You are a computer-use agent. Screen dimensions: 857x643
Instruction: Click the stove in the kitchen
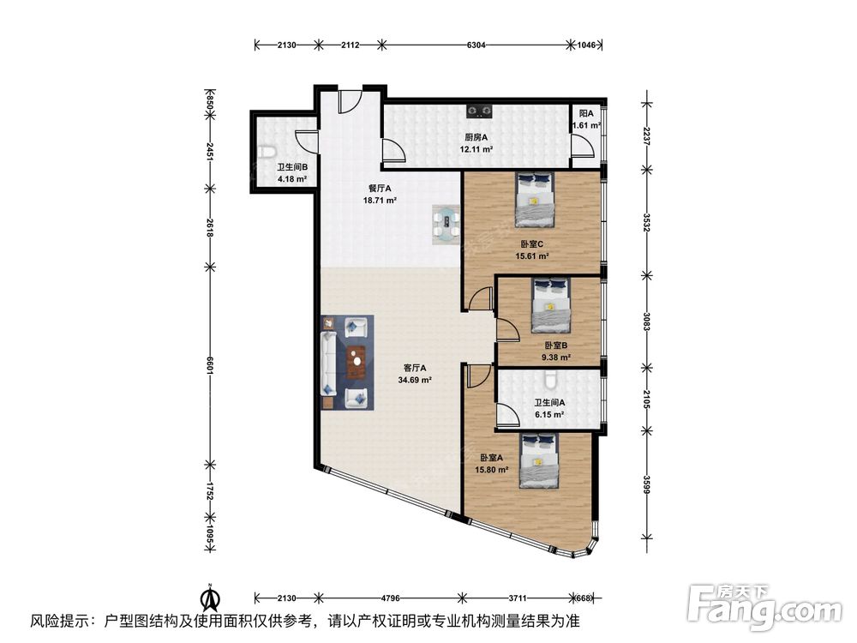[479, 111]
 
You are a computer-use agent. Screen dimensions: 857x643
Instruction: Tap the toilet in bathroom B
[267, 152]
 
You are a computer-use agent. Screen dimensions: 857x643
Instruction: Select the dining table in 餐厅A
[447, 224]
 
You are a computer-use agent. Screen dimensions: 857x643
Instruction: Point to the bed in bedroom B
[551, 304]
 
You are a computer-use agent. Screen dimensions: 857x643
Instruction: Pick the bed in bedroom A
[539, 460]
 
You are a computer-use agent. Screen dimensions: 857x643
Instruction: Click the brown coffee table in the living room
[357, 362]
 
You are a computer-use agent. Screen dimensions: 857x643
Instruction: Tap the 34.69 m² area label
[416, 380]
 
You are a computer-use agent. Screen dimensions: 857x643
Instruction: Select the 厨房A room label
[476, 137]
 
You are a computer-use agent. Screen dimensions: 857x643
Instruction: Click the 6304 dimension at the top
[476, 45]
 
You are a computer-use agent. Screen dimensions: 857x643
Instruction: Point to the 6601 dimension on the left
[209, 365]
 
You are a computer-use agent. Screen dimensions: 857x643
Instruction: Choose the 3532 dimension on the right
[646, 222]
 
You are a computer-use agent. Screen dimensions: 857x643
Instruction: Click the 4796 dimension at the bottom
[391, 598]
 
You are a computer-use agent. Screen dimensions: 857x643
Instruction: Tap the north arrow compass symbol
[210, 597]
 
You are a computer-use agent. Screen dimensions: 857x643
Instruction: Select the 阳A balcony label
[586, 114]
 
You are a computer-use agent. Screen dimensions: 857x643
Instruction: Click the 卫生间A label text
[550, 402]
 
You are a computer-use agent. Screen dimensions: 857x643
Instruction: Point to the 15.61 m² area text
[532, 255]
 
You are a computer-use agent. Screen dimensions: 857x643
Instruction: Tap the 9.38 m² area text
[556, 358]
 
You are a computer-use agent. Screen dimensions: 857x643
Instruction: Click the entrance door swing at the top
[350, 102]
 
